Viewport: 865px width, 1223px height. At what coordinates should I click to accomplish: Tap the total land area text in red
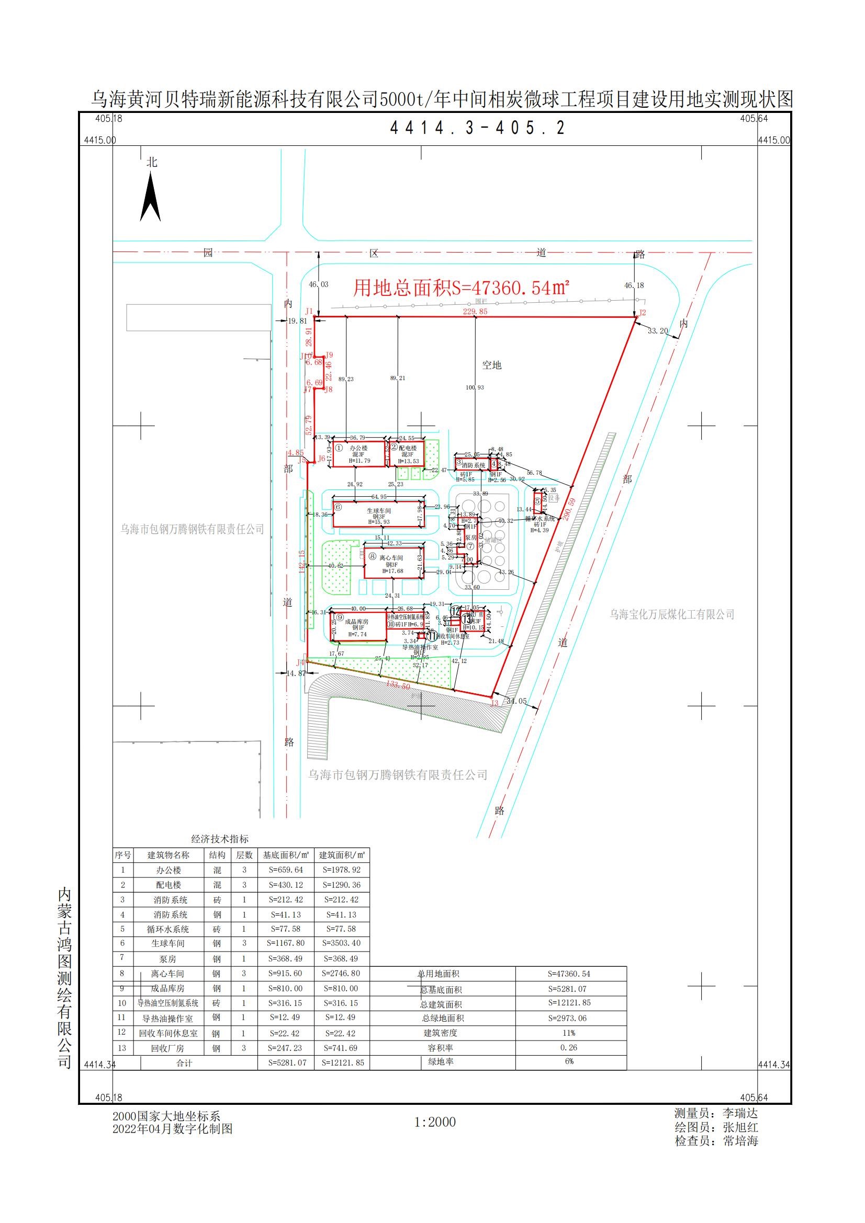[x=462, y=288]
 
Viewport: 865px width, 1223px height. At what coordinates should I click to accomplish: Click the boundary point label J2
[x=642, y=313]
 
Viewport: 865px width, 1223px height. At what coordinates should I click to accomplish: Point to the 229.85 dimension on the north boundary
[x=475, y=312]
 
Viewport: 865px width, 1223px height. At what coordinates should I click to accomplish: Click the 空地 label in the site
[x=491, y=365]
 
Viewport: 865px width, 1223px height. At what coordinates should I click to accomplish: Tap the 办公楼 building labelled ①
[x=358, y=454]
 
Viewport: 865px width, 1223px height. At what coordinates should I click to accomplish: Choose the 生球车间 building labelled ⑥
[x=378, y=513]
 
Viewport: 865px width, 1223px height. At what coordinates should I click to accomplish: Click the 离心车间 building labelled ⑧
[x=394, y=561]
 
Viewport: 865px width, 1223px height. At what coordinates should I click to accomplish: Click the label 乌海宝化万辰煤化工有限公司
[x=672, y=615]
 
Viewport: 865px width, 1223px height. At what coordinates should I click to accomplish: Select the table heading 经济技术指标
[x=220, y=839]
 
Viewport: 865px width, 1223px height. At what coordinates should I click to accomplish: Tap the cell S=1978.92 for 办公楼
[x=341, y=870]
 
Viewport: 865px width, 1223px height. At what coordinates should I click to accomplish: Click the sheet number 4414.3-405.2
[x=478, y=128]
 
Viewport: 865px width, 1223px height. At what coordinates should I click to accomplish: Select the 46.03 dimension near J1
[x=318, y=285]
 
